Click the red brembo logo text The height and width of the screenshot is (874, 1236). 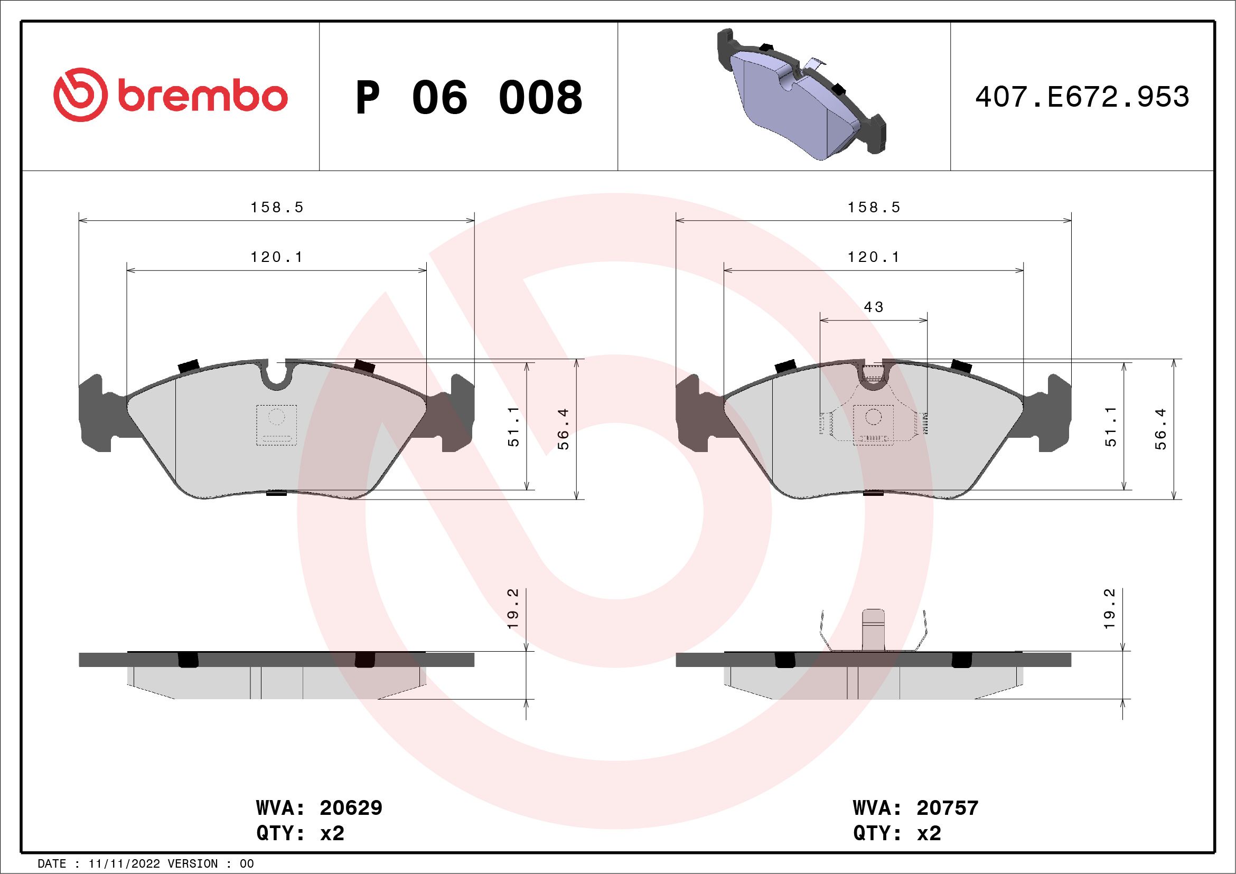click(202, 97)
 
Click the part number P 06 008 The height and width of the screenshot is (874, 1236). click(469, 97)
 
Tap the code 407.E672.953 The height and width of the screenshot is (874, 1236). click(1082, 97)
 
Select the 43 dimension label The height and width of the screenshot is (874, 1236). click(873, 307)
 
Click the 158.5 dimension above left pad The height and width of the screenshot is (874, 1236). click(277, 207)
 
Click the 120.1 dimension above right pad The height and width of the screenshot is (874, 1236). click(874, 257)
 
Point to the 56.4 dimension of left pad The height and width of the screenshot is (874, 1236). click(563, 429)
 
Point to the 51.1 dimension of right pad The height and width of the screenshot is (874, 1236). click(1111, 427)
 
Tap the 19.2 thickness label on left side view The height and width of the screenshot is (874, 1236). click(513, 609)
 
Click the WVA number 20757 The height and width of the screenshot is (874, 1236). click(948, 808)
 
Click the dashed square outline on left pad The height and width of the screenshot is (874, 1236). click(276, 425)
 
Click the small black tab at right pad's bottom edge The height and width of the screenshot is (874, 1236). click(873, 492)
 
